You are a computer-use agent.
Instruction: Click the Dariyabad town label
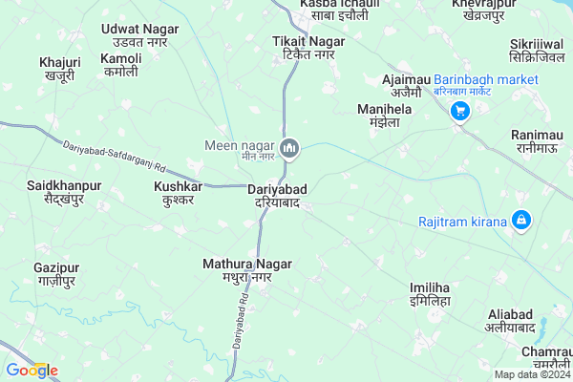point(273,196)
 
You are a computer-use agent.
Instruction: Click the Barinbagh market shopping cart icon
point(459,111)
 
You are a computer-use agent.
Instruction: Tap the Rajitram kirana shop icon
point(520,222)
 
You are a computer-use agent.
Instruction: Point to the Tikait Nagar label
point(303,49)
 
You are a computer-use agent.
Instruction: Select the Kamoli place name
point(121,65)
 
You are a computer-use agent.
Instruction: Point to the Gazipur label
point(55,275)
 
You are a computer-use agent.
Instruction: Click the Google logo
point(32,370)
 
